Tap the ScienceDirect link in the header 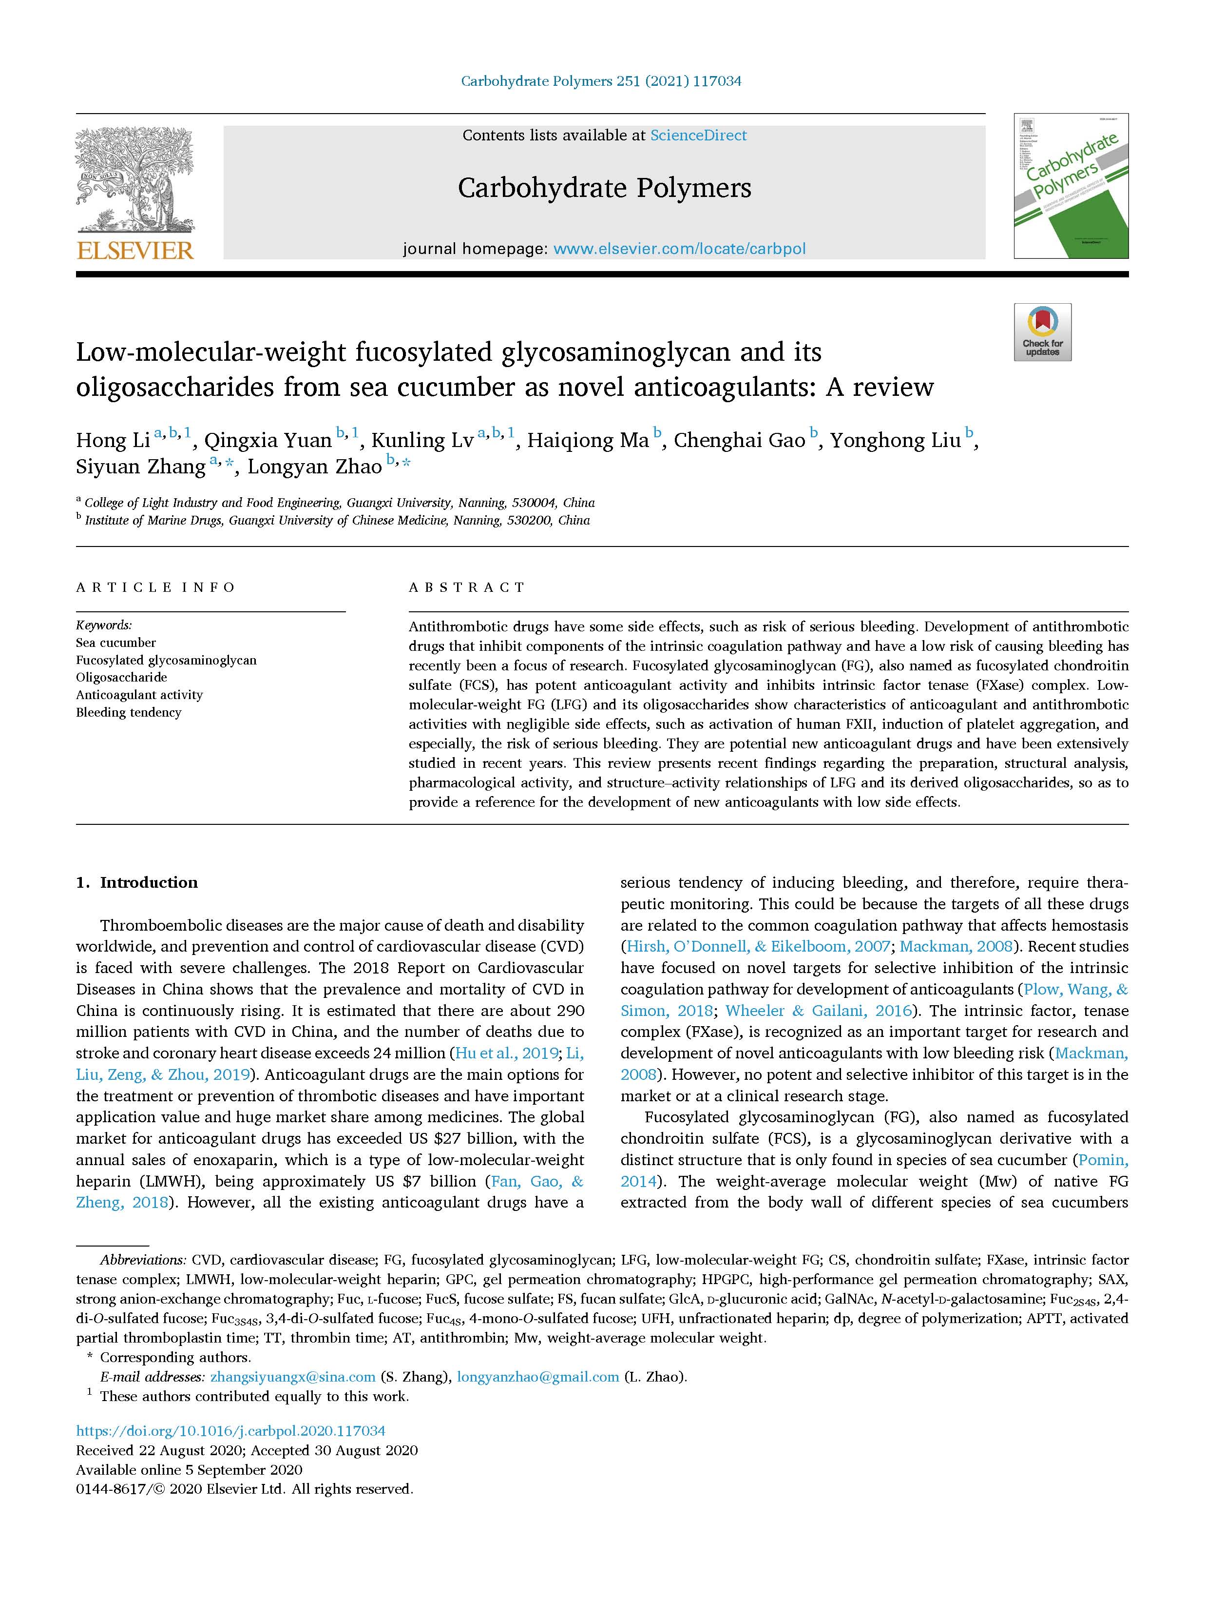click(x=698, y=136)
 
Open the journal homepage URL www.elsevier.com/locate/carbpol click(x=679, y=249)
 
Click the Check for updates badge click(x=1042, y=332)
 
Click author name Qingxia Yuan click(x=268, y=441)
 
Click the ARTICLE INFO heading click(x=155, y=587)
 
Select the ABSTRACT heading click(x=467, y=587)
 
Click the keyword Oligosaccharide click(x=121, y=677)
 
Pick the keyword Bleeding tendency click(x=128, y=712)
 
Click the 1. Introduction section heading click(x=137, y=882)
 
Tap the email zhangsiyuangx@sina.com click(x=292, y=1377)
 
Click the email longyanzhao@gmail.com click(x=537, y=1377)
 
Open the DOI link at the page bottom click(x=230, y=1431)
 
